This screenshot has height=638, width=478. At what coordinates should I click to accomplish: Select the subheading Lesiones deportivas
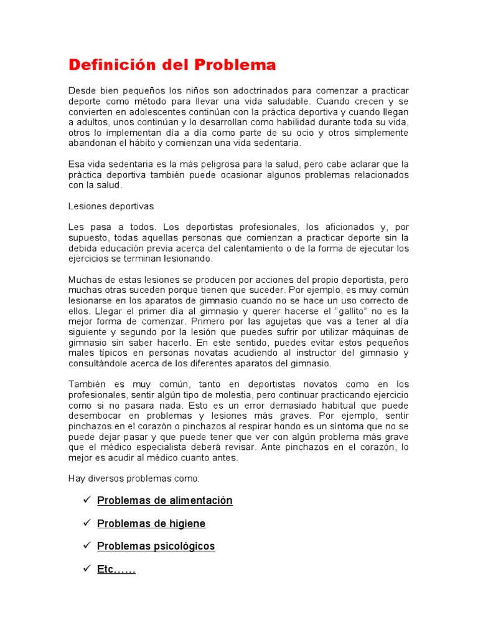pyautogui.click(x=111, y=206)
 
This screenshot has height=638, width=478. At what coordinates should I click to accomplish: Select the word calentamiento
pyautogui.click(x=238, y=248)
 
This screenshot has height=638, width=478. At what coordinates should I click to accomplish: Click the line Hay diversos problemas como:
pyautogui.click(x=134, y=478)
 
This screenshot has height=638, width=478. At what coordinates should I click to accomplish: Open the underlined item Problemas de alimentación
pyautogui.click(x=165, y=501)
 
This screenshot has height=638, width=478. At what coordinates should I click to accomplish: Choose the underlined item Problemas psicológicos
pyautogui.click(x=156, y=546)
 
